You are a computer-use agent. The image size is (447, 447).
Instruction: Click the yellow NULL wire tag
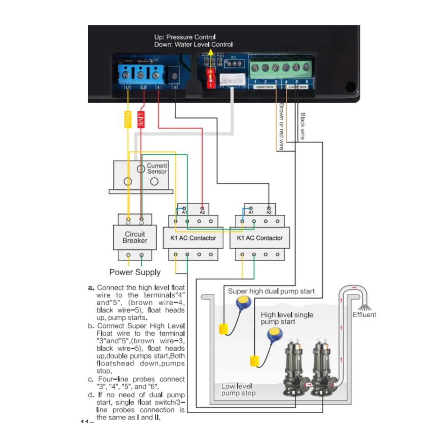127,120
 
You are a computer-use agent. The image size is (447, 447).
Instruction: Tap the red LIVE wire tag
141,120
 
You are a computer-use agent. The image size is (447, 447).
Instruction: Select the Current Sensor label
157,168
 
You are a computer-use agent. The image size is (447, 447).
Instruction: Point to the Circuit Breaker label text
135,237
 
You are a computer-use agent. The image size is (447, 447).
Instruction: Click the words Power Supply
135,272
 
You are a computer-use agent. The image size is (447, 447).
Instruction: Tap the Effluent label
364,315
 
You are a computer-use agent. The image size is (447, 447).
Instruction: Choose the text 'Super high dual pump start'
271,291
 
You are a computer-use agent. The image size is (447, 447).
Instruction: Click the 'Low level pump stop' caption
238,390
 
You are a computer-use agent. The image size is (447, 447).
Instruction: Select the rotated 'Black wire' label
302,126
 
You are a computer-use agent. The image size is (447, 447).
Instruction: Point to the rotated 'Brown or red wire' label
282,127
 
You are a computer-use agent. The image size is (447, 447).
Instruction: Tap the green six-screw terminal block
280,67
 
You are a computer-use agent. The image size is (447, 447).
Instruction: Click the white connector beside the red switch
232,80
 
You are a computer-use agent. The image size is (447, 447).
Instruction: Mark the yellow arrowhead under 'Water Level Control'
211,53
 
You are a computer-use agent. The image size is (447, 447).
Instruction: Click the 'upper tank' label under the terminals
264,87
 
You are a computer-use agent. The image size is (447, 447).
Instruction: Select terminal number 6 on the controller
307,82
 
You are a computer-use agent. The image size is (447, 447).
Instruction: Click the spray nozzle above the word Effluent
365,308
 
